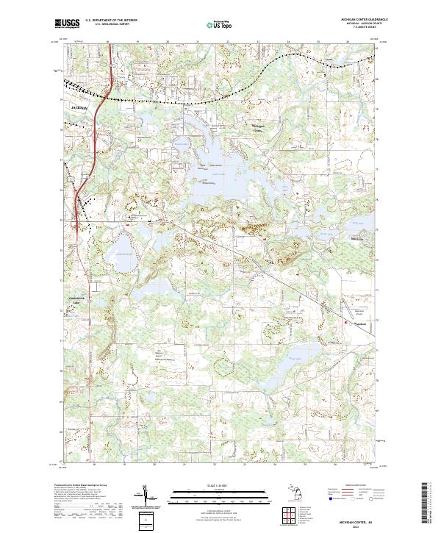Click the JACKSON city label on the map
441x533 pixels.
click(x=79, y=107)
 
